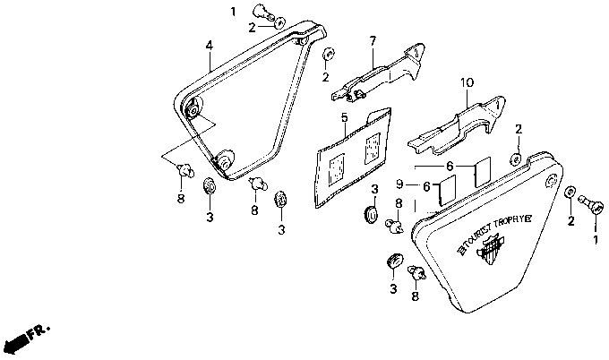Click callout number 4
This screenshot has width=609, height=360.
[x=209, y=45]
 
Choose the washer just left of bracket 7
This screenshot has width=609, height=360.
[x=329, y=55]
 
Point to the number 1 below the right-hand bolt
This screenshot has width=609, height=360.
[x=595, y=240]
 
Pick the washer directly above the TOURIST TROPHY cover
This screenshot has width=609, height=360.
[x=518, y=158]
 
